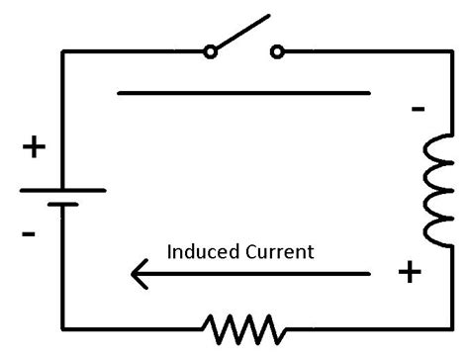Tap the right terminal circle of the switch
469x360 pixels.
(x=277, y=50)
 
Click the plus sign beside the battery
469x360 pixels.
(x=34, y=148)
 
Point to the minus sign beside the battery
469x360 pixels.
(x=30, y=234)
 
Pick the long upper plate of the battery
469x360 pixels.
(x=62, y=188)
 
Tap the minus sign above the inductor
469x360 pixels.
(x=419, y=109)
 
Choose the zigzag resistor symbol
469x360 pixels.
(x=243, y=325)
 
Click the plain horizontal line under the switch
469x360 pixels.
(x=243, y=94)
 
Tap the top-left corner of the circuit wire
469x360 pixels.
(x=62, y=51)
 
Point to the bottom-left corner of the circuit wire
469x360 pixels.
(x=62, y=326)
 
